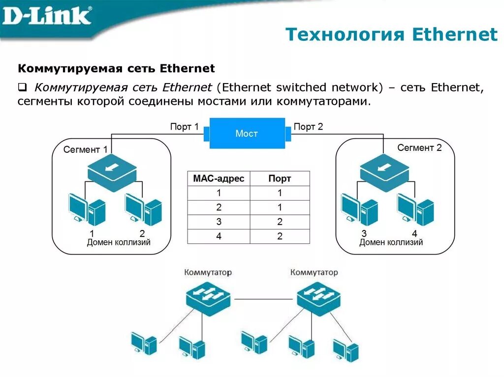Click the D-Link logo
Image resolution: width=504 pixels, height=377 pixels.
(47, 16)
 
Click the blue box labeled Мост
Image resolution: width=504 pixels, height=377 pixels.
(247, 133)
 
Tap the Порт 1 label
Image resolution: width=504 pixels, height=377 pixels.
(184, 127)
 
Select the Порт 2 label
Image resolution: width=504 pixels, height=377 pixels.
(309, 127)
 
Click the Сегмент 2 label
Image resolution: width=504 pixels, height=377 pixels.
(419, 147)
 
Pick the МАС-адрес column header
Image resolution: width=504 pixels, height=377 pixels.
(219, 178)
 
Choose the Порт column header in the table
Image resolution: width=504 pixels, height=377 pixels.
(280, 178)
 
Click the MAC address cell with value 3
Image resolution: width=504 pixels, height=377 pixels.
(219, 222)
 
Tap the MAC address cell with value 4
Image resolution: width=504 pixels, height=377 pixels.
(219, 236)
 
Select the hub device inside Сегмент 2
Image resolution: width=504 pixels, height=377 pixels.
(384, 169)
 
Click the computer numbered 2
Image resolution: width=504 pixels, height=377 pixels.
(143, 209)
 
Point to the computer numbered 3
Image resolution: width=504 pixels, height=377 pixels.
(359, 209)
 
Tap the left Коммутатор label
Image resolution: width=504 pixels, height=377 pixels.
(208, 272)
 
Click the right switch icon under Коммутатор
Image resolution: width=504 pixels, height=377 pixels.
(318, 296)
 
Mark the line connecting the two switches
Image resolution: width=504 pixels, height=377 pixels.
(264, 298)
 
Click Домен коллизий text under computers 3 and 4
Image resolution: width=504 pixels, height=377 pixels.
(391, 242)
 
